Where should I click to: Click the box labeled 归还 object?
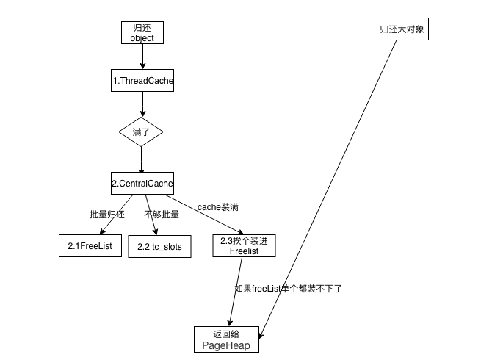[142, 32]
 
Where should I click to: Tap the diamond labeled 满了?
[141, 132]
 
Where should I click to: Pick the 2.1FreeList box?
[84, 246]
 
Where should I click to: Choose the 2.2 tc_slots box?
[159, 246]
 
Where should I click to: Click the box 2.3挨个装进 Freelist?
[245, 245]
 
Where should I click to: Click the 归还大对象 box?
[399, 30]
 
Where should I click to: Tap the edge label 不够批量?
[161, 215]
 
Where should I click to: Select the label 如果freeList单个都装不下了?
[288, 289]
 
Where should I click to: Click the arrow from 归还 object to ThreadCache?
[142, 56]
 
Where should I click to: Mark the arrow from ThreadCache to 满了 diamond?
[142, 104]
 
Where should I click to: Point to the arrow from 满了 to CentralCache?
[142, 159]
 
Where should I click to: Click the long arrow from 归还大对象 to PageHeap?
[330, 184]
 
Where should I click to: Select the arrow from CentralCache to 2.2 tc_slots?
[151, 214]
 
